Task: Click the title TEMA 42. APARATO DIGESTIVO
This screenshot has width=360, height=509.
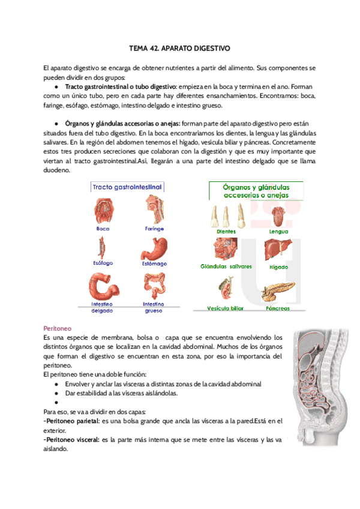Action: (x=179, y=47)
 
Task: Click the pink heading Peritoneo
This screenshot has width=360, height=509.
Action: (x=58, y=329)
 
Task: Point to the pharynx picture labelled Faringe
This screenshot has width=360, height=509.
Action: (x=151, y=211)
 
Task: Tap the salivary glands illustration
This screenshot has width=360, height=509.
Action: (x=225, y=249)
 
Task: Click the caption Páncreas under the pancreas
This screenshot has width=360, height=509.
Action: (x=277, y=309)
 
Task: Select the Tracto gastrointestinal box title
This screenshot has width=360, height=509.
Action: (x=127, y=187)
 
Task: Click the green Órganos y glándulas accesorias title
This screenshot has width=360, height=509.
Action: (x=256, y=191)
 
